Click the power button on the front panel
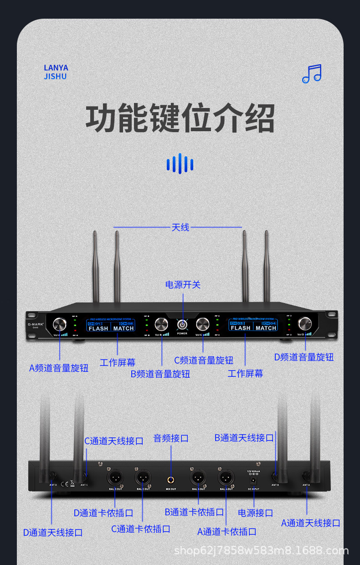pos(182,324)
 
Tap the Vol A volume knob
pos(59,324)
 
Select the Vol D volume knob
pos(304,324)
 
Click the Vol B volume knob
pos(161,324)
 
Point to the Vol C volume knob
pos(203,324)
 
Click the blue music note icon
pos(312,73)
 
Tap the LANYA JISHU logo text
pos(56,72)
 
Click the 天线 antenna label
pos(180,227)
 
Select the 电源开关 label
pos(183,285)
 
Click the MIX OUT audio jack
pos(171,479)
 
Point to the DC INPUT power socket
pos(254,480)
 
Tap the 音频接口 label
pos(171,438)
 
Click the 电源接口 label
pos(255,513)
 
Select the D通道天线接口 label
pos(53,532)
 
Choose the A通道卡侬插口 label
pos(226,531)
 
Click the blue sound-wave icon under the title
pos(180,164)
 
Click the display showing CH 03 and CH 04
pos(253,325)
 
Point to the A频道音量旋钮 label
pos(59,368)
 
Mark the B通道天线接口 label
pos(244,437)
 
